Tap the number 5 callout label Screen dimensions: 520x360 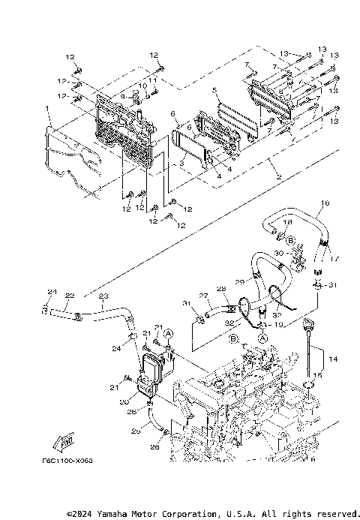[215, 91]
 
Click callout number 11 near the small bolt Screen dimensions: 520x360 [152, 80]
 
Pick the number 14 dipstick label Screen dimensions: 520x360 [334, 360]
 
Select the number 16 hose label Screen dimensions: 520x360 [325, 203]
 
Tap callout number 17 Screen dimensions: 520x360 [334, 258]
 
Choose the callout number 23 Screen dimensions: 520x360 [103, 296]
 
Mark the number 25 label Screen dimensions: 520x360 [136, 432]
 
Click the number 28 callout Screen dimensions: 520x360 [220, 288]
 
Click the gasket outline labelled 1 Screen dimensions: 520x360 [67, 161]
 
